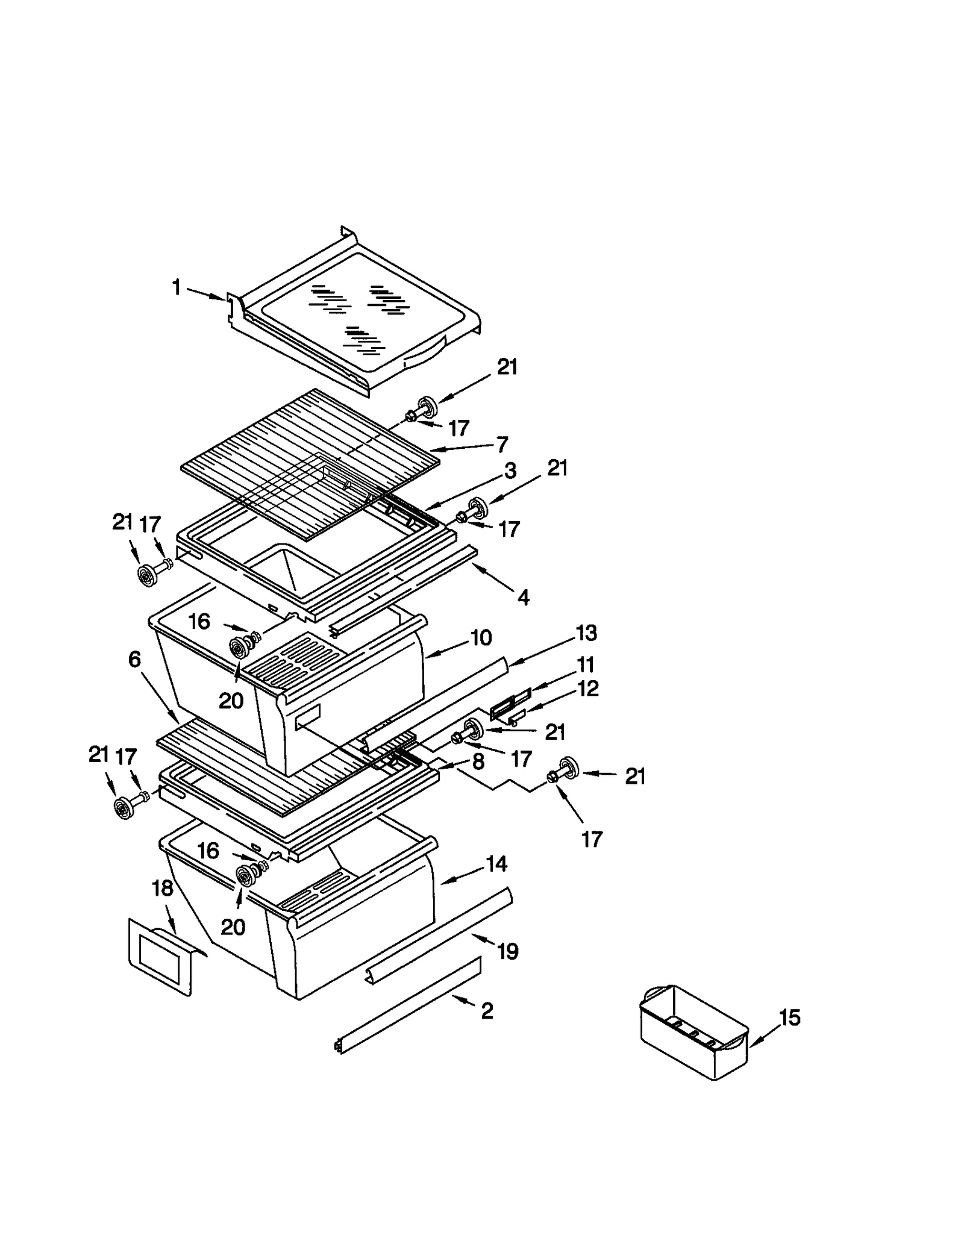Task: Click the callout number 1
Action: coord(176,287)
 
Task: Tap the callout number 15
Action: coord(789,1017)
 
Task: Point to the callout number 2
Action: coord(487,1010)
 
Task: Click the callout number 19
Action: coord(507,951)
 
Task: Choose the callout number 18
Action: coord(162,888)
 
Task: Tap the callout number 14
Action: coord(496,864)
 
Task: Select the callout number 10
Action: coord(481,637)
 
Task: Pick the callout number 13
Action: coord(586,633)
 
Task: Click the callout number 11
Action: coord(586,664)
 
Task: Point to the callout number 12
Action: coord(588,689)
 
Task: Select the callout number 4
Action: coord(523,598)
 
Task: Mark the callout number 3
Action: coord(510,470)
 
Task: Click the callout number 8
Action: coord(478,761)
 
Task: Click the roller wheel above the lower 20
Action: coord(245,877)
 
